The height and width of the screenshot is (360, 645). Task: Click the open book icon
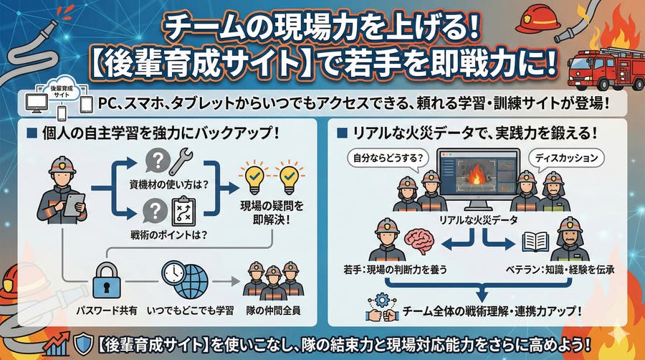535,242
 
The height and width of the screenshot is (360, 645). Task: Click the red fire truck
602,65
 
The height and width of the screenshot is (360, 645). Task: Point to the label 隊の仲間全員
272,312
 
